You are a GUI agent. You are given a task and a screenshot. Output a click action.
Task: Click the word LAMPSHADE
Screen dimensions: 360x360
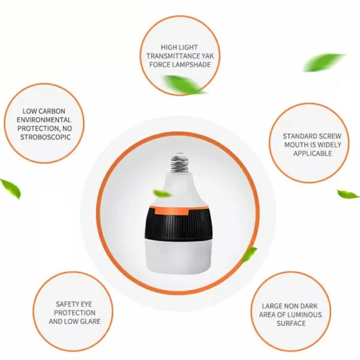[x=191, y=65]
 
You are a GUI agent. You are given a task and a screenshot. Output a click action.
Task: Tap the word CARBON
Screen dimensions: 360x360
[x=53, y=111]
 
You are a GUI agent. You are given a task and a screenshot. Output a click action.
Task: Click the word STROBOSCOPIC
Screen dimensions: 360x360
[x=45, y=137]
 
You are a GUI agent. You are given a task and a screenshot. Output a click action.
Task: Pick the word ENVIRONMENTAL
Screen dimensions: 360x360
[x=44, y=120]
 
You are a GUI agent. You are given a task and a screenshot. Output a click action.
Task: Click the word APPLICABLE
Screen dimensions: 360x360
[x=313, y=154]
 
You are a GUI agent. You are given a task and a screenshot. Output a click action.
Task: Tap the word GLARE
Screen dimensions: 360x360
[x=89, y=322]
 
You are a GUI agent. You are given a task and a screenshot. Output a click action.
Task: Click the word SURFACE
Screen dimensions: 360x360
[x=291, y=323]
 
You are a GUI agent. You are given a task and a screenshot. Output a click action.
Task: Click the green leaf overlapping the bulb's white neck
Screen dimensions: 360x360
[x=162, y=193]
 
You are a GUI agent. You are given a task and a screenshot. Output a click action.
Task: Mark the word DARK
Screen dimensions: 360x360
[x=308, y=306]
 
